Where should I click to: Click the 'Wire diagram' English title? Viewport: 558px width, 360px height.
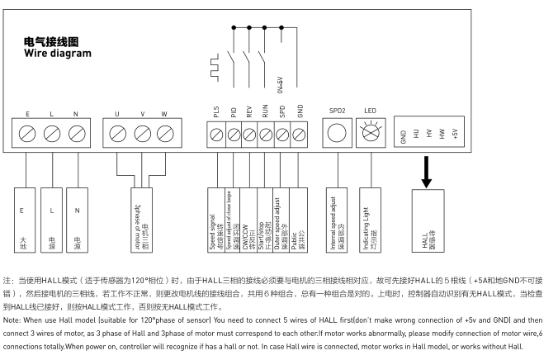[x=58, y=54]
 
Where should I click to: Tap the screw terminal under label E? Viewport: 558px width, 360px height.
[x=27, y=133]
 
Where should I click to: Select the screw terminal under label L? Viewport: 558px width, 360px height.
[x=52, y=133]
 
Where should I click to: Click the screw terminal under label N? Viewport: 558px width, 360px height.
[x=77, y=133]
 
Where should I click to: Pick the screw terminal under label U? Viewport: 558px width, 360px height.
[x=117, y=133]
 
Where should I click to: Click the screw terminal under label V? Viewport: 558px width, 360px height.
[x=141, y=133]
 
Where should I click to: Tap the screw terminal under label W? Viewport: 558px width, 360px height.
[x=164, y=133]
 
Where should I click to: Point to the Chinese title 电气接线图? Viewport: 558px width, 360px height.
[x=52, y=41]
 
